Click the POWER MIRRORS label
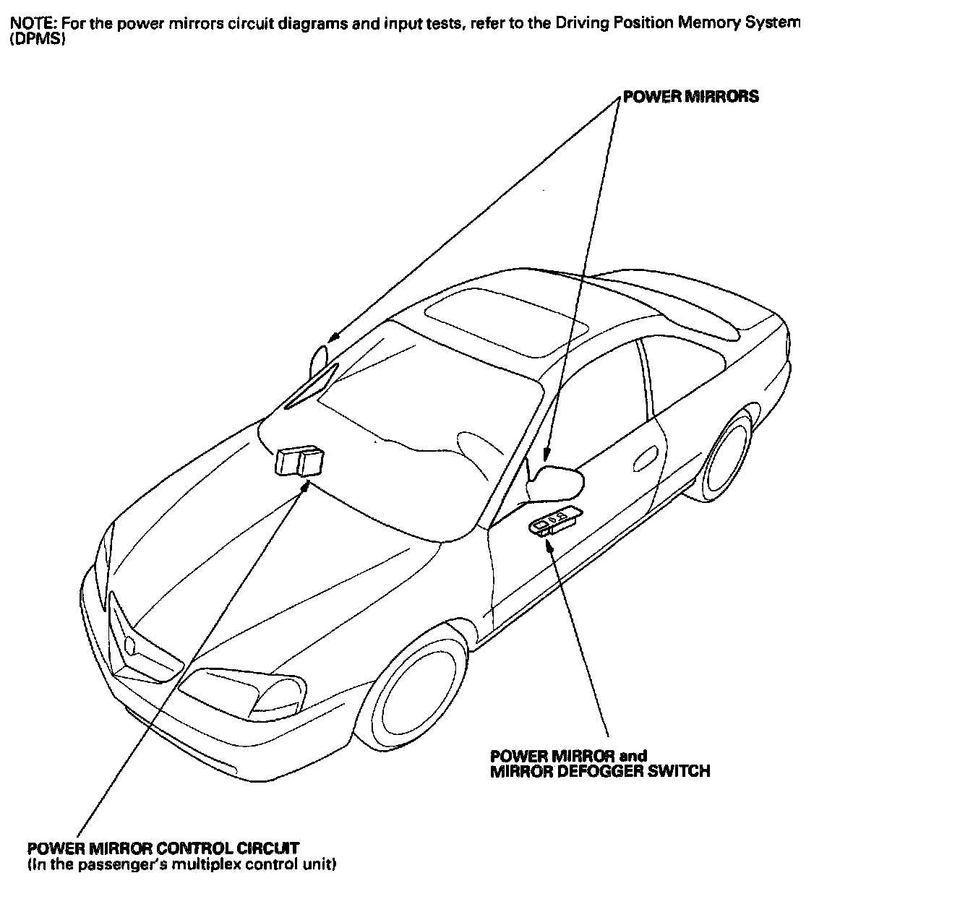click(x=691, y=97)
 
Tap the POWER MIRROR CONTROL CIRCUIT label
click(x=163, y=848)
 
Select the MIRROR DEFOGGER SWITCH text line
click(x=600, y=771)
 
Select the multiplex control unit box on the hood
click(x=299, y=461)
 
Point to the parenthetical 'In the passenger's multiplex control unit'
click(x=181, y=864)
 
